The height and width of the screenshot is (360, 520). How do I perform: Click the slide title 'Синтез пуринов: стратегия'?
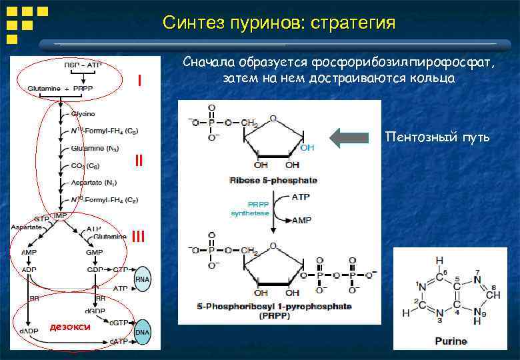pos(279,23)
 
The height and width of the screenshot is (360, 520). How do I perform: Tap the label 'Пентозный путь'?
pos(437,138)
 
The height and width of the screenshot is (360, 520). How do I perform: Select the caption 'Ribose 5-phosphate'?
pos(273,180)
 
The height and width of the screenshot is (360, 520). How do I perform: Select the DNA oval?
pos(142,332)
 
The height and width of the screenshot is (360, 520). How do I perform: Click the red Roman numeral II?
pos(139,161)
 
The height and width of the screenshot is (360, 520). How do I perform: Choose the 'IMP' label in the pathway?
pos(61,217)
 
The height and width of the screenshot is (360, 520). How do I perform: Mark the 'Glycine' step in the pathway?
pos(83,114)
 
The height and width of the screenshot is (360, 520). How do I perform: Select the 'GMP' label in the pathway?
pos(94,253)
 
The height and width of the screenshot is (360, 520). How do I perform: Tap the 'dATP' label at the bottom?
pos(119,341)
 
